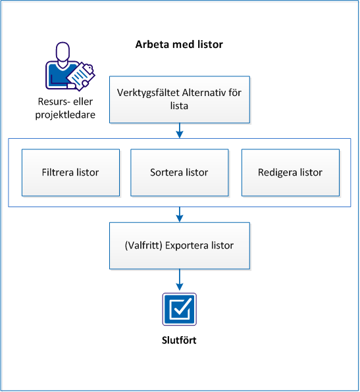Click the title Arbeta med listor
click(179, 45)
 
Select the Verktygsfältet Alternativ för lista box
click(179, 99)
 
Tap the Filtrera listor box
click(71, 172)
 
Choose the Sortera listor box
click(180, 172)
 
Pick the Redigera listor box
click(290, 172)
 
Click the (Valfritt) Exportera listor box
click(179, 245)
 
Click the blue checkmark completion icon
click(179, 309)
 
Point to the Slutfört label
click(179, 341)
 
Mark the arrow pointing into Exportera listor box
click(179, 214)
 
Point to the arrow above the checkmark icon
click(179, 281)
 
